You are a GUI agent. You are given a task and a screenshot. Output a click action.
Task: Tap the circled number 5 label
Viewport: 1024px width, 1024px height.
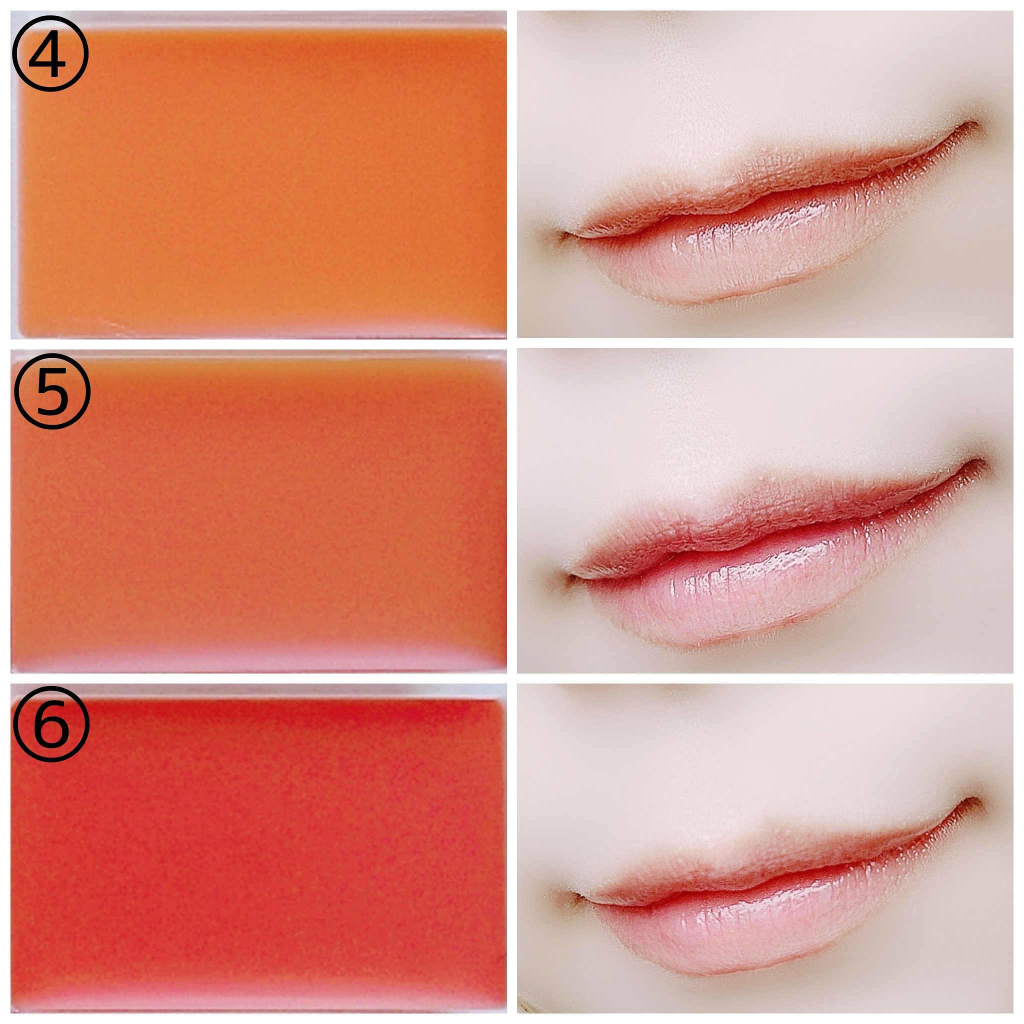click(51, 391)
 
